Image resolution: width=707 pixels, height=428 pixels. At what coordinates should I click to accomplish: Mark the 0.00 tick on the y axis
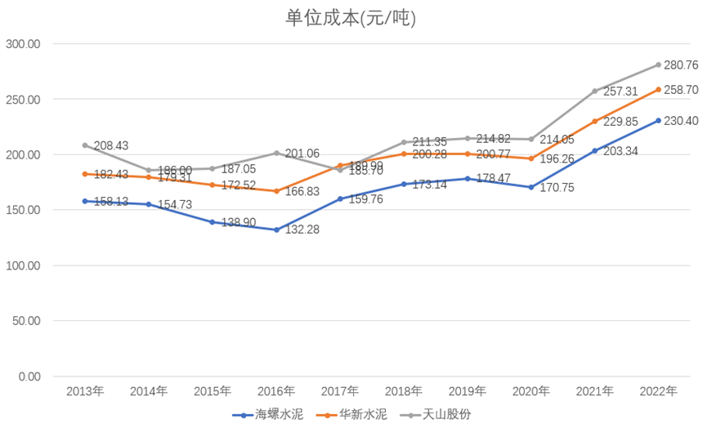(x=29, y=377)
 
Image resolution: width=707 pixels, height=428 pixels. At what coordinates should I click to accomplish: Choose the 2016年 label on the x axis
(x=276, y=391)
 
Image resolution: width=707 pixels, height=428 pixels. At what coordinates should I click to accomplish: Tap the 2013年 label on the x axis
(x=85, y=391)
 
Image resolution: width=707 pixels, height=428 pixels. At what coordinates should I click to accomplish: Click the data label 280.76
(x=681, y=65)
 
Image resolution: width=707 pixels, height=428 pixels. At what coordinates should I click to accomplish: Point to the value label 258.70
(x=681, y=89)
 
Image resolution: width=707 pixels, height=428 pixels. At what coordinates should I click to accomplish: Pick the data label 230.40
(x=681, y=121)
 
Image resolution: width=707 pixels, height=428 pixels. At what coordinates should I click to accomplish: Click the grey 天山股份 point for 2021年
(x=595, y=91)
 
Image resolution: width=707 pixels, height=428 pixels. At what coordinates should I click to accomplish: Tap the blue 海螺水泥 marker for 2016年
(x=276, y=230)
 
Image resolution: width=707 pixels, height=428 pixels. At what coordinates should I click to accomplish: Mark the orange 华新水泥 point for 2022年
(x=659, y=89)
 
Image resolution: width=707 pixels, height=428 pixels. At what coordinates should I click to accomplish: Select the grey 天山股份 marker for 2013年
(x=85, y=145)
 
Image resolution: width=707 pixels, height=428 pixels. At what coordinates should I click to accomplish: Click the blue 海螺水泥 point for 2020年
(x=531, y=187)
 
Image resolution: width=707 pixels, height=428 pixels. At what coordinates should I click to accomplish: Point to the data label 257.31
(x=619, y=91)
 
